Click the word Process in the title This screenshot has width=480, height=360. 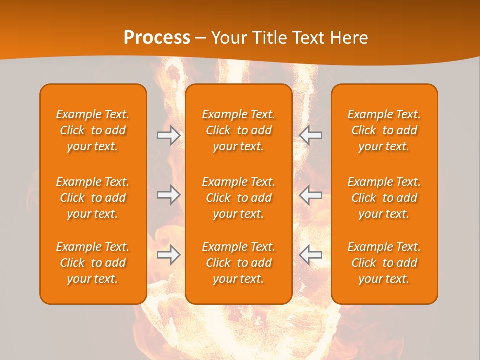pos(157,38)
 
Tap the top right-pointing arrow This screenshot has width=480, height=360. pos(168,135)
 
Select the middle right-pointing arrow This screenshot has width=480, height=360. pos(168,195)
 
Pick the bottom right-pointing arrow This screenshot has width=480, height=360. pos(168,255)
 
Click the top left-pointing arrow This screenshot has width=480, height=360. pos(310,135)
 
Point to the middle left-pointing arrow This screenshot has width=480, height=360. pos(310,195)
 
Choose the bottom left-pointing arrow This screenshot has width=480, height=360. pos(310,255)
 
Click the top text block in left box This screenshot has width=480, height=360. pos(93,130)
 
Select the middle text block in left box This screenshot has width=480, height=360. pos(93,198)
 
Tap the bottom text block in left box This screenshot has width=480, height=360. pos(93,263)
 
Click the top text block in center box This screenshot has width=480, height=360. pos(238,130)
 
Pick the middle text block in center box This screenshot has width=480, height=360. pos(238,198)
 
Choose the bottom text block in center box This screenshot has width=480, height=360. pos(238,263)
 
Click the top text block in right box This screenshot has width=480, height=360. pos(384,130)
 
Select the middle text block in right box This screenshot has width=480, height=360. pos(384,198)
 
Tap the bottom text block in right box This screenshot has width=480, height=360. pos(384,263)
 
